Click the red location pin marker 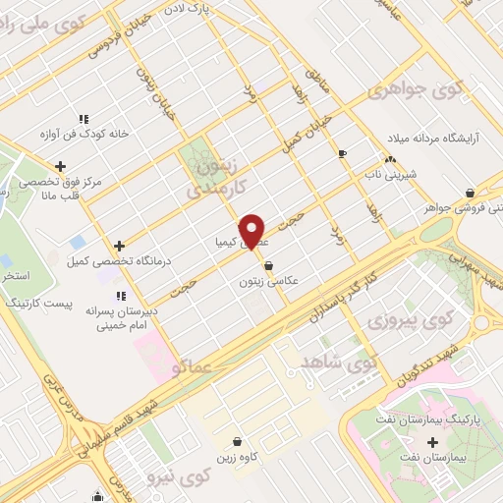coord(252,231)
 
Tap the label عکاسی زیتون coord(267,280)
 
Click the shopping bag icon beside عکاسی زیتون coord(268,264)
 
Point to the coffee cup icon coord(342,153)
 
